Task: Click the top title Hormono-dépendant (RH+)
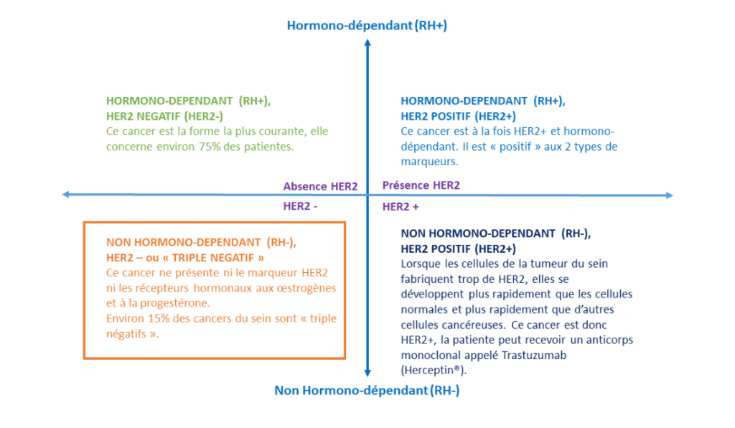click(x=367, y=26)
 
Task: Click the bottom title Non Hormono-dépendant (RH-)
click(x=367, y=391)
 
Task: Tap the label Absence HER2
click(x=320, y=186)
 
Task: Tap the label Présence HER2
click(x=421, y=185)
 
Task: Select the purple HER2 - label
click(x=300, y=206)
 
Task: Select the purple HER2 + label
click(x=401, y=207)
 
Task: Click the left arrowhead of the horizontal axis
click(x=66, y=195)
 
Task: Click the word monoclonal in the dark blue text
click(x=429, y=355)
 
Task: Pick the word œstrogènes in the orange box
click(x=309, y=287)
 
